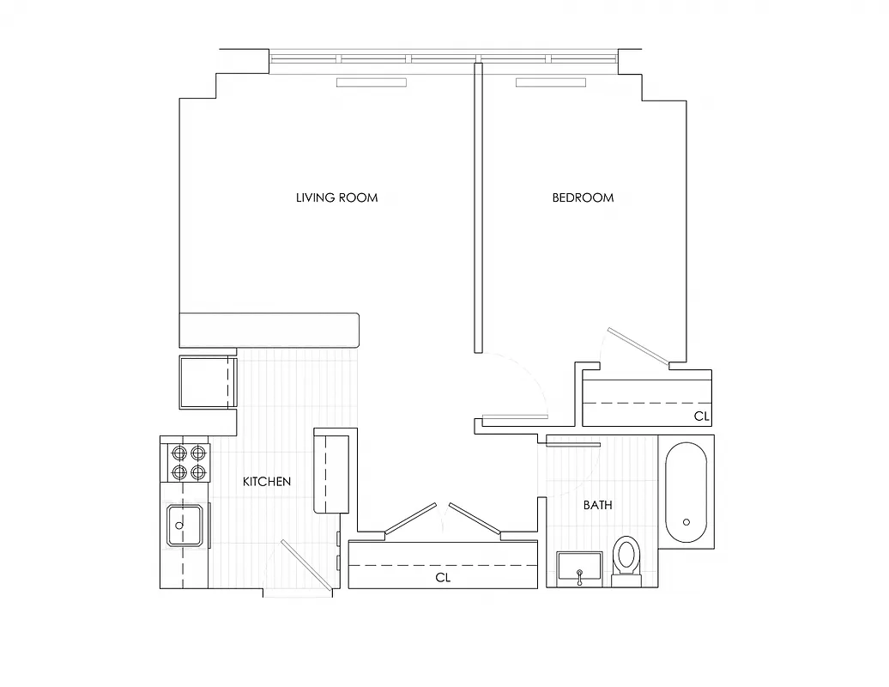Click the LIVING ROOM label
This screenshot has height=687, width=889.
pos(336,198)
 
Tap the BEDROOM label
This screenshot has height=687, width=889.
pos(583,198)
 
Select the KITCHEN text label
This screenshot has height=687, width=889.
pos(266,482)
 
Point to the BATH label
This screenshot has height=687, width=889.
pos(597,505)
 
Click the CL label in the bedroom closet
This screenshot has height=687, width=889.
pos(702,416)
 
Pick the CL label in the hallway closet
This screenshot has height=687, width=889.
pos(443,578)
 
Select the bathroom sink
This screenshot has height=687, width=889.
pos(581,568)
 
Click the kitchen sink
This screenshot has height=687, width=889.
pos(184,526)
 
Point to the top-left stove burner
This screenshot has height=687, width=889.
pos(179,453)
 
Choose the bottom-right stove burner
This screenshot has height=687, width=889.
pos(198,471)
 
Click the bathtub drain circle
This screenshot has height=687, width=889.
pos(686,521)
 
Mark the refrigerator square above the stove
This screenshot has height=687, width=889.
pos(206,381)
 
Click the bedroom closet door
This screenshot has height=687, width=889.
pos(638,346)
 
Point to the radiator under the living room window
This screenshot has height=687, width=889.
pos(372,82)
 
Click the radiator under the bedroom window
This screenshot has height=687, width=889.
pos(550,82)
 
